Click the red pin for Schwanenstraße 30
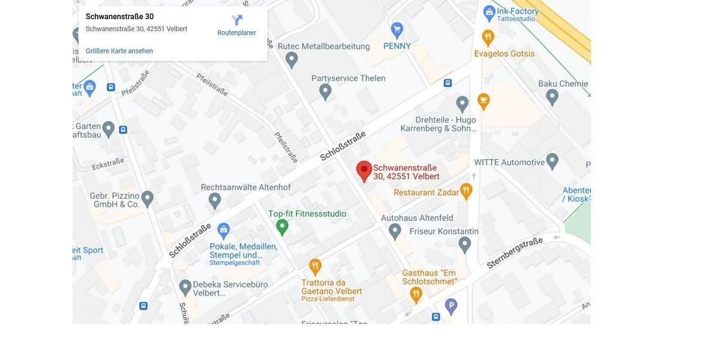click(364, 170)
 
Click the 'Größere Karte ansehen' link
click(119, 51)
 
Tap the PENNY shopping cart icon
click(397, 29)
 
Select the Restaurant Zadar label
click(426, 192)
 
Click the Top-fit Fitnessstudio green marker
click(282, 227)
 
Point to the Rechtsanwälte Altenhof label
click(245, 187)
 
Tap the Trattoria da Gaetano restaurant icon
click(315, 266)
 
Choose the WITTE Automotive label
click(509, 162)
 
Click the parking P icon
click(451, 306)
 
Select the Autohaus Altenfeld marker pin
click(395, 230)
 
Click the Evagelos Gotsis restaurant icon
click(488, 37)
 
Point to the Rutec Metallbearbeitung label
click(331, 46)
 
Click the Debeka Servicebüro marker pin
click(185, 287)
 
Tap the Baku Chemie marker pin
click(552, 95)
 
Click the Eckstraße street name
click(108, 163)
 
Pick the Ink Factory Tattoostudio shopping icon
click(490, 11)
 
